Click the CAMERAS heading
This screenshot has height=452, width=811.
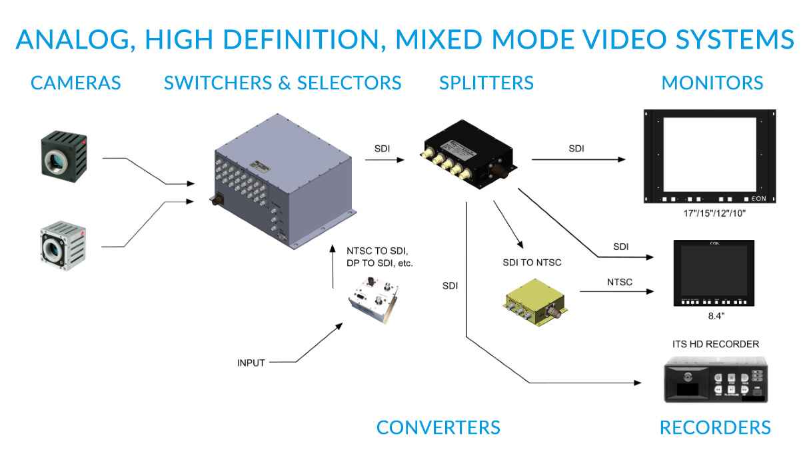[x=75, y=83]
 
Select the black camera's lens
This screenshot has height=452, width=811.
[x=57, y=161]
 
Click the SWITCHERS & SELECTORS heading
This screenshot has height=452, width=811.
[x=283, y=83]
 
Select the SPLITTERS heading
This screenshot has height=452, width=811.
[x=486, y=83]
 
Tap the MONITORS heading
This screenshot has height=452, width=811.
[x=712, y=83]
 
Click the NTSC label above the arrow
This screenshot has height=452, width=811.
[x=620, y=282]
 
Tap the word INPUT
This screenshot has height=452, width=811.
[x=251, y=363]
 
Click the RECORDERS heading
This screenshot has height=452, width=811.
[x=714, y=427]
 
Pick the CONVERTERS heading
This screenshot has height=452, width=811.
[x=438, y=427]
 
